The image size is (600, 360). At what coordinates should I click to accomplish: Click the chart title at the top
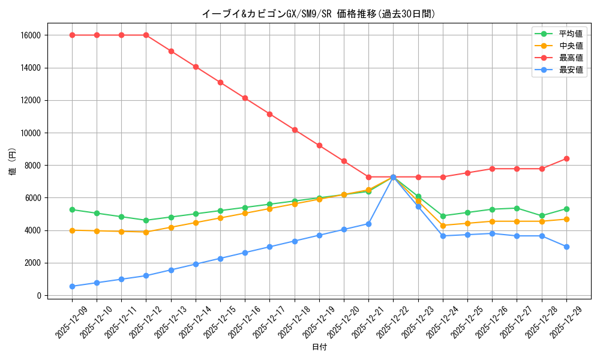319,14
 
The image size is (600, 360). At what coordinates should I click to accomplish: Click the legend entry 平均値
571,34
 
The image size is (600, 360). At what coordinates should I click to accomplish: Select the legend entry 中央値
571,46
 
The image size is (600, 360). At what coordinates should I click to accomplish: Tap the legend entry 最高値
571,58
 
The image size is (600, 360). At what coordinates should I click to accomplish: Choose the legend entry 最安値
571,70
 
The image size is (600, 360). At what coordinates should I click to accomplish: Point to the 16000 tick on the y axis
30,35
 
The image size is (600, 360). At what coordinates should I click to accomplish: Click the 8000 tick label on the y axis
32,166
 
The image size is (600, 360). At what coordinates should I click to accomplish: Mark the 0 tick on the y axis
38,296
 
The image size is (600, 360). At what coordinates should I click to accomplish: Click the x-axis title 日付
319,347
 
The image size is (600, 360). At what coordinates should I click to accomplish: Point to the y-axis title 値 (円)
13,162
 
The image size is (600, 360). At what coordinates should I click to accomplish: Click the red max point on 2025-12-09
72,35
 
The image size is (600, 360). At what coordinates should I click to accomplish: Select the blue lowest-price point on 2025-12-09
72,286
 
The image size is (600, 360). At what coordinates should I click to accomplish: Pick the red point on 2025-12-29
566,159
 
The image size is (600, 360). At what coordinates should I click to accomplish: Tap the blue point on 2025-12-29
566,247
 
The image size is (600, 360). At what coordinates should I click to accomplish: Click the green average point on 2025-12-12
146,220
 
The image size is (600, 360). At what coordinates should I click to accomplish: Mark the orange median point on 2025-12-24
443,226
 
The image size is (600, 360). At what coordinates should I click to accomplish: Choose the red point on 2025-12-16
245,98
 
